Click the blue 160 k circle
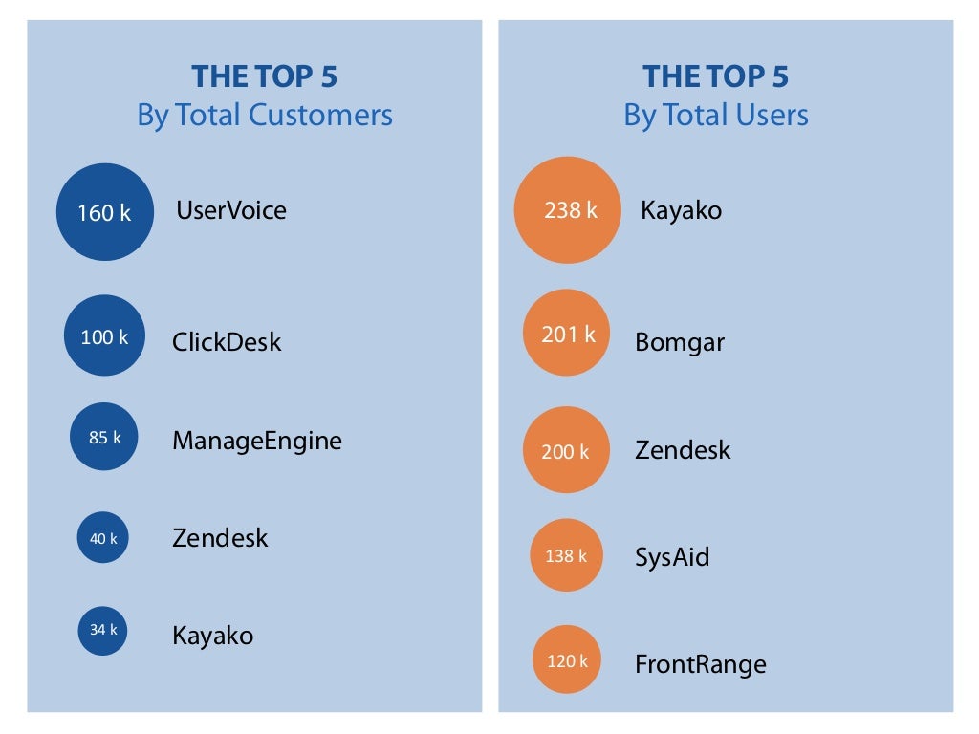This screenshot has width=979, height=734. click(x=104, y=212)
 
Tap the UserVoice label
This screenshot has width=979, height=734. click(x=231, y=210)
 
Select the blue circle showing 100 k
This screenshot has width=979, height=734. click(x=104, y=335)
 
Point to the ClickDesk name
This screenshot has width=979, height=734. click(x=227, y=342)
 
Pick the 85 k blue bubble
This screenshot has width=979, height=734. click(x=104, y=437)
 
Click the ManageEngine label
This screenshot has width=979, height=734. click(x=256, y=441)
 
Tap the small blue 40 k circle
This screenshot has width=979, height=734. click(x=102, y=538)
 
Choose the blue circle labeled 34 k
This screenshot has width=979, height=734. click(x=102, y=630)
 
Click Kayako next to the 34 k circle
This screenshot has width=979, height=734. click(x=212, y=636)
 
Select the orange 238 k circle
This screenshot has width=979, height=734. click(x=568, y=210)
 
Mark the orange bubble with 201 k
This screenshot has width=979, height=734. click(x=566, y=334)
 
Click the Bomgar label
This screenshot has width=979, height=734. click(x=679, y=342)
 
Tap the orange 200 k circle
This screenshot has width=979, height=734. click(x=565, y=450)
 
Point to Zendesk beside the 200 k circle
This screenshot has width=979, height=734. click(x=682, y=450)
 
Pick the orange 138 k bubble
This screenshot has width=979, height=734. click(x=566, y=555)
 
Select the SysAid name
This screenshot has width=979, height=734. click(x=672, y=557)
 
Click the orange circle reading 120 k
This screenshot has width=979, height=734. click(x=566, y=659)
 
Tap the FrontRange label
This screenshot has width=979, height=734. click(x=700, y=664)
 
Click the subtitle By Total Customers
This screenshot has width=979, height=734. click(x=264, y=116)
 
